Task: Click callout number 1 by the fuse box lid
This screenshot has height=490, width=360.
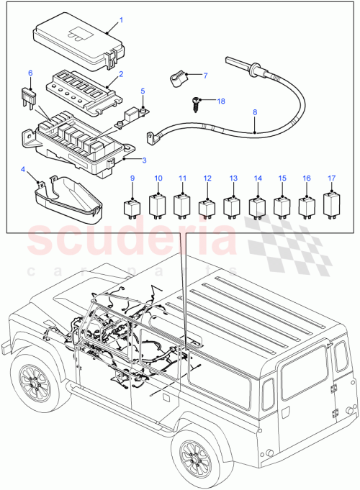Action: coord(121,19)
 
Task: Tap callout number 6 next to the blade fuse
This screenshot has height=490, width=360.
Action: coord(30,73)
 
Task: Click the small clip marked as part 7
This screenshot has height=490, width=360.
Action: coord(176,77)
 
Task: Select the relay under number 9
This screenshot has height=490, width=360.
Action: coord(132,206)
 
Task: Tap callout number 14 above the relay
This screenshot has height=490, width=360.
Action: coord(257,178)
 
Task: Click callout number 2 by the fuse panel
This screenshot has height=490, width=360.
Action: coord(121,74)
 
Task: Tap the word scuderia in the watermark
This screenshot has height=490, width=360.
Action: coord(130,240)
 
